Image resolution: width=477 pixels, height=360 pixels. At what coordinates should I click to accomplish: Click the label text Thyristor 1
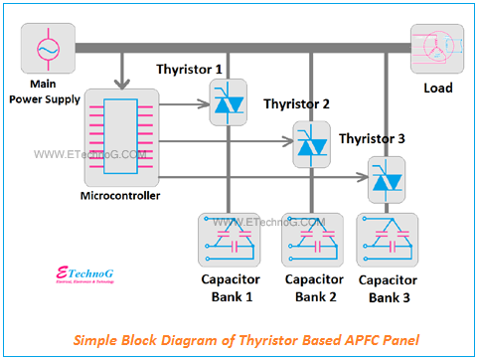[x=190, y=69]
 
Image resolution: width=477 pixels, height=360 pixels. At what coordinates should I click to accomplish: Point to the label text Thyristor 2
[x=297, y=103]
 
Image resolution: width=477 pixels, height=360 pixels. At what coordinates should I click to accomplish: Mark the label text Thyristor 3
[x=373, y=138]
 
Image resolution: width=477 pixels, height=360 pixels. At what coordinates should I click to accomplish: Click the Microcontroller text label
[x=119, y=196]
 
